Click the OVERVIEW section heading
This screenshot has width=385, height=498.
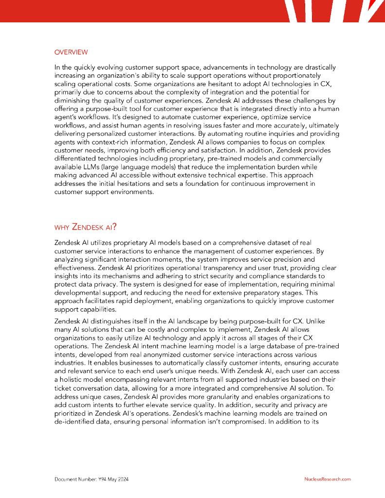(x=71, y=52)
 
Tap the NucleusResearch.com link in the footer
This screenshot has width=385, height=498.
(x=328, y=479)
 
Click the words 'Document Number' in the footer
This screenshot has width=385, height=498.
(x=73, y=479)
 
